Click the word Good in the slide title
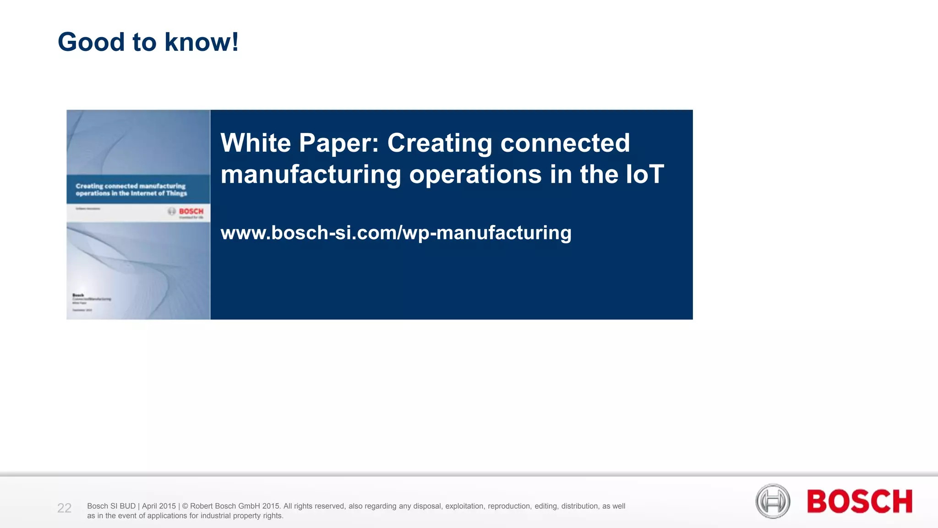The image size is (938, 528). click(91, 42)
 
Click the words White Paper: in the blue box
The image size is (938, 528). click(300, 143)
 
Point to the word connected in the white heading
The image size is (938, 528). click(565, 143)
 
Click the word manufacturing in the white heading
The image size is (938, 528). click(311, 175)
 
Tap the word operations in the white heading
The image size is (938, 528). click(475, 175)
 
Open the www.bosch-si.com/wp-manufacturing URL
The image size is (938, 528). click(396, 232)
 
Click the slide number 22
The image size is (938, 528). click(64, 508)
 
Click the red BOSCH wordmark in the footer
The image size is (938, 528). click(859, 501)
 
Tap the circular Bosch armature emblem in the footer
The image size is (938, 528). click(773, 501)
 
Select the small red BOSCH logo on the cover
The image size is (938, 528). click(191, 211)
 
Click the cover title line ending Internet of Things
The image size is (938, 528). click(131, 193)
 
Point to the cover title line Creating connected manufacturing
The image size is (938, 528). click(131, 186)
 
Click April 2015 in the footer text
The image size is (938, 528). click(158, 506)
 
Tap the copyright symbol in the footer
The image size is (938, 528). click(185, 506)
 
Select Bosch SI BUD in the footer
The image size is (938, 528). click(111, 506)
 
